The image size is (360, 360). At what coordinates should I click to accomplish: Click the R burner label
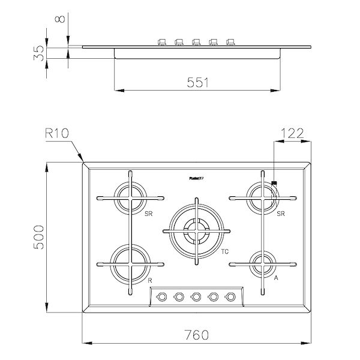click(149, 280)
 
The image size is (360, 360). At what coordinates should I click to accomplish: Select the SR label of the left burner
click(147, 213)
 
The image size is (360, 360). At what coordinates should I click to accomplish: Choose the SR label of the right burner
click(280, 213)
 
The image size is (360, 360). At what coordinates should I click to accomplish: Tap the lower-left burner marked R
click(129, 262)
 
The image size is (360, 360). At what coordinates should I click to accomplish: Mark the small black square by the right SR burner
click(274, 183)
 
